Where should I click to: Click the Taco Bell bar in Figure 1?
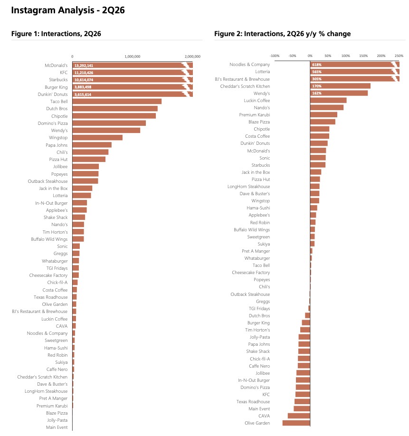(117, 102)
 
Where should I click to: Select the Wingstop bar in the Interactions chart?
(97, 138)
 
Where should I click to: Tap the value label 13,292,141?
(84, 66)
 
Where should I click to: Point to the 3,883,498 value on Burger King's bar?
(83, 87)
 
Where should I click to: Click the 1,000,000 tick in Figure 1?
(133, 57)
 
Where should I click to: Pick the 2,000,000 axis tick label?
(192, 57)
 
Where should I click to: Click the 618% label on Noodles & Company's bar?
(317, 65)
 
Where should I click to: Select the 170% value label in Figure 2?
(317, 86)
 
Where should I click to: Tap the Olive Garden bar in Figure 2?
(296, 423)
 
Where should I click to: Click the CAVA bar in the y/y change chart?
(299, 416)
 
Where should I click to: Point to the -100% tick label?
(275, 56)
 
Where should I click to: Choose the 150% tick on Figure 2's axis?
(363, 56)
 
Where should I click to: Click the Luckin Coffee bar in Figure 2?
(328, 100)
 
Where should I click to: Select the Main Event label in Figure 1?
(57, 427)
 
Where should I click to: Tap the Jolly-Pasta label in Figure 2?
(260, 337)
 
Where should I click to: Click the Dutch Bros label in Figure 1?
(57, 109)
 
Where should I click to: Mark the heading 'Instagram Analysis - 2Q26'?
(68, 10)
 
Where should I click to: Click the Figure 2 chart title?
(283, 34)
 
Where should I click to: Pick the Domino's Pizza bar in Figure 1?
(109, 123)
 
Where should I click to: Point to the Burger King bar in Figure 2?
(306, 322)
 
